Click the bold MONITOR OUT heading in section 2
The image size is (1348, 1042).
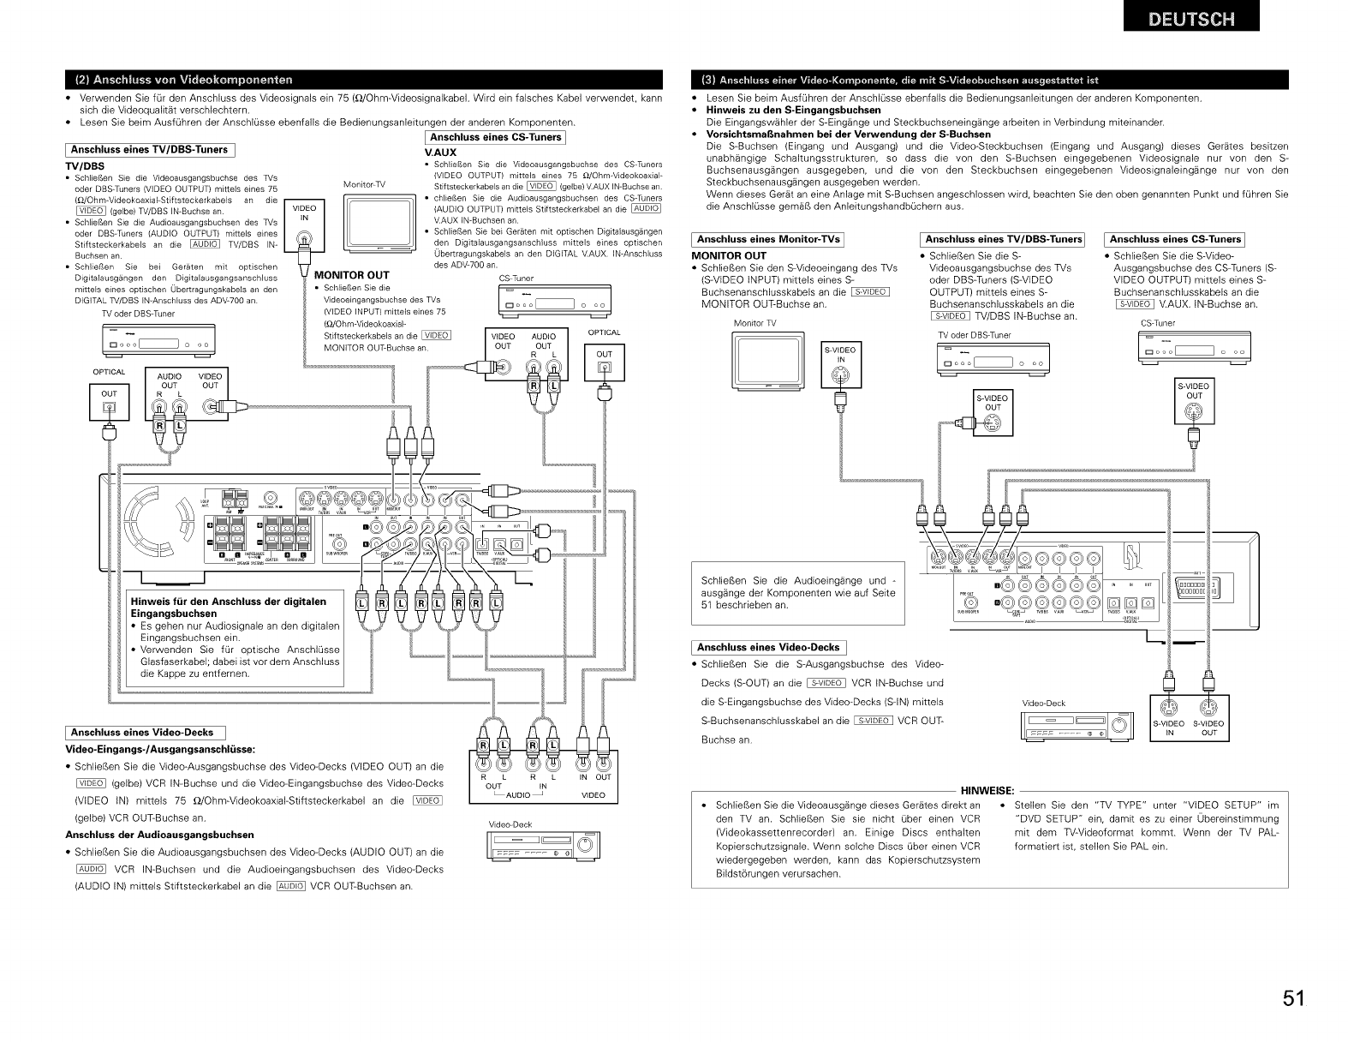tap(352, 275)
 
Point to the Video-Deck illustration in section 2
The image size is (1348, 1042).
tap(537, 847)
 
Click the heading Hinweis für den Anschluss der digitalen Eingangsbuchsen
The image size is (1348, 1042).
tap(230, 608)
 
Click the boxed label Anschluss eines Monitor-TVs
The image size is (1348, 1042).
tap(767, 240)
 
